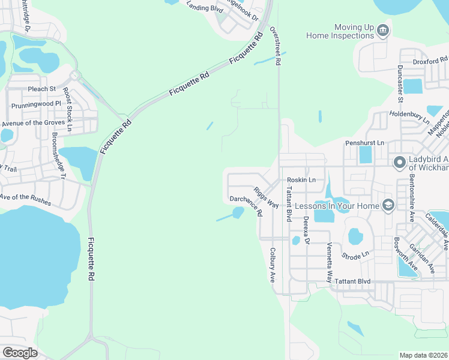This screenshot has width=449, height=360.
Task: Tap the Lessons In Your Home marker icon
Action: click(x=388, y=206)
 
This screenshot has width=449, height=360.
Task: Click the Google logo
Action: click(x=20, y=353)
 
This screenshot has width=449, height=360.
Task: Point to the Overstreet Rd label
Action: click(x=277, y=46)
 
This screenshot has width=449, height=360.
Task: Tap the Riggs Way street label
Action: click(x=265, y=197)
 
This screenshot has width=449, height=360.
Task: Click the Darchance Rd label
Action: click(x=246, y=205)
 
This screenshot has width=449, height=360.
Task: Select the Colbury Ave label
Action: click(x=272, y=266)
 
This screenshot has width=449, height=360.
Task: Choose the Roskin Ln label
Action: click(x=301, y=180)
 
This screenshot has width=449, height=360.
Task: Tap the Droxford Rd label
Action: click(x=430, y=61)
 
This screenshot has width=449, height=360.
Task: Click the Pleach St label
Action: click(x=41, y=89)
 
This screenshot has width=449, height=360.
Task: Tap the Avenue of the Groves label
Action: click(x=34, y=123)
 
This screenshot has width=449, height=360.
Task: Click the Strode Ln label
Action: click(x=355, y=256)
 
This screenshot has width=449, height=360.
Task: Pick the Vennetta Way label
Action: click(x=329, y=263)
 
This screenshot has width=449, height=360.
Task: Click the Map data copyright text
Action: click(x=423, y=355)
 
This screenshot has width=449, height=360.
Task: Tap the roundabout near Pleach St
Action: click(x=75, y=76)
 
